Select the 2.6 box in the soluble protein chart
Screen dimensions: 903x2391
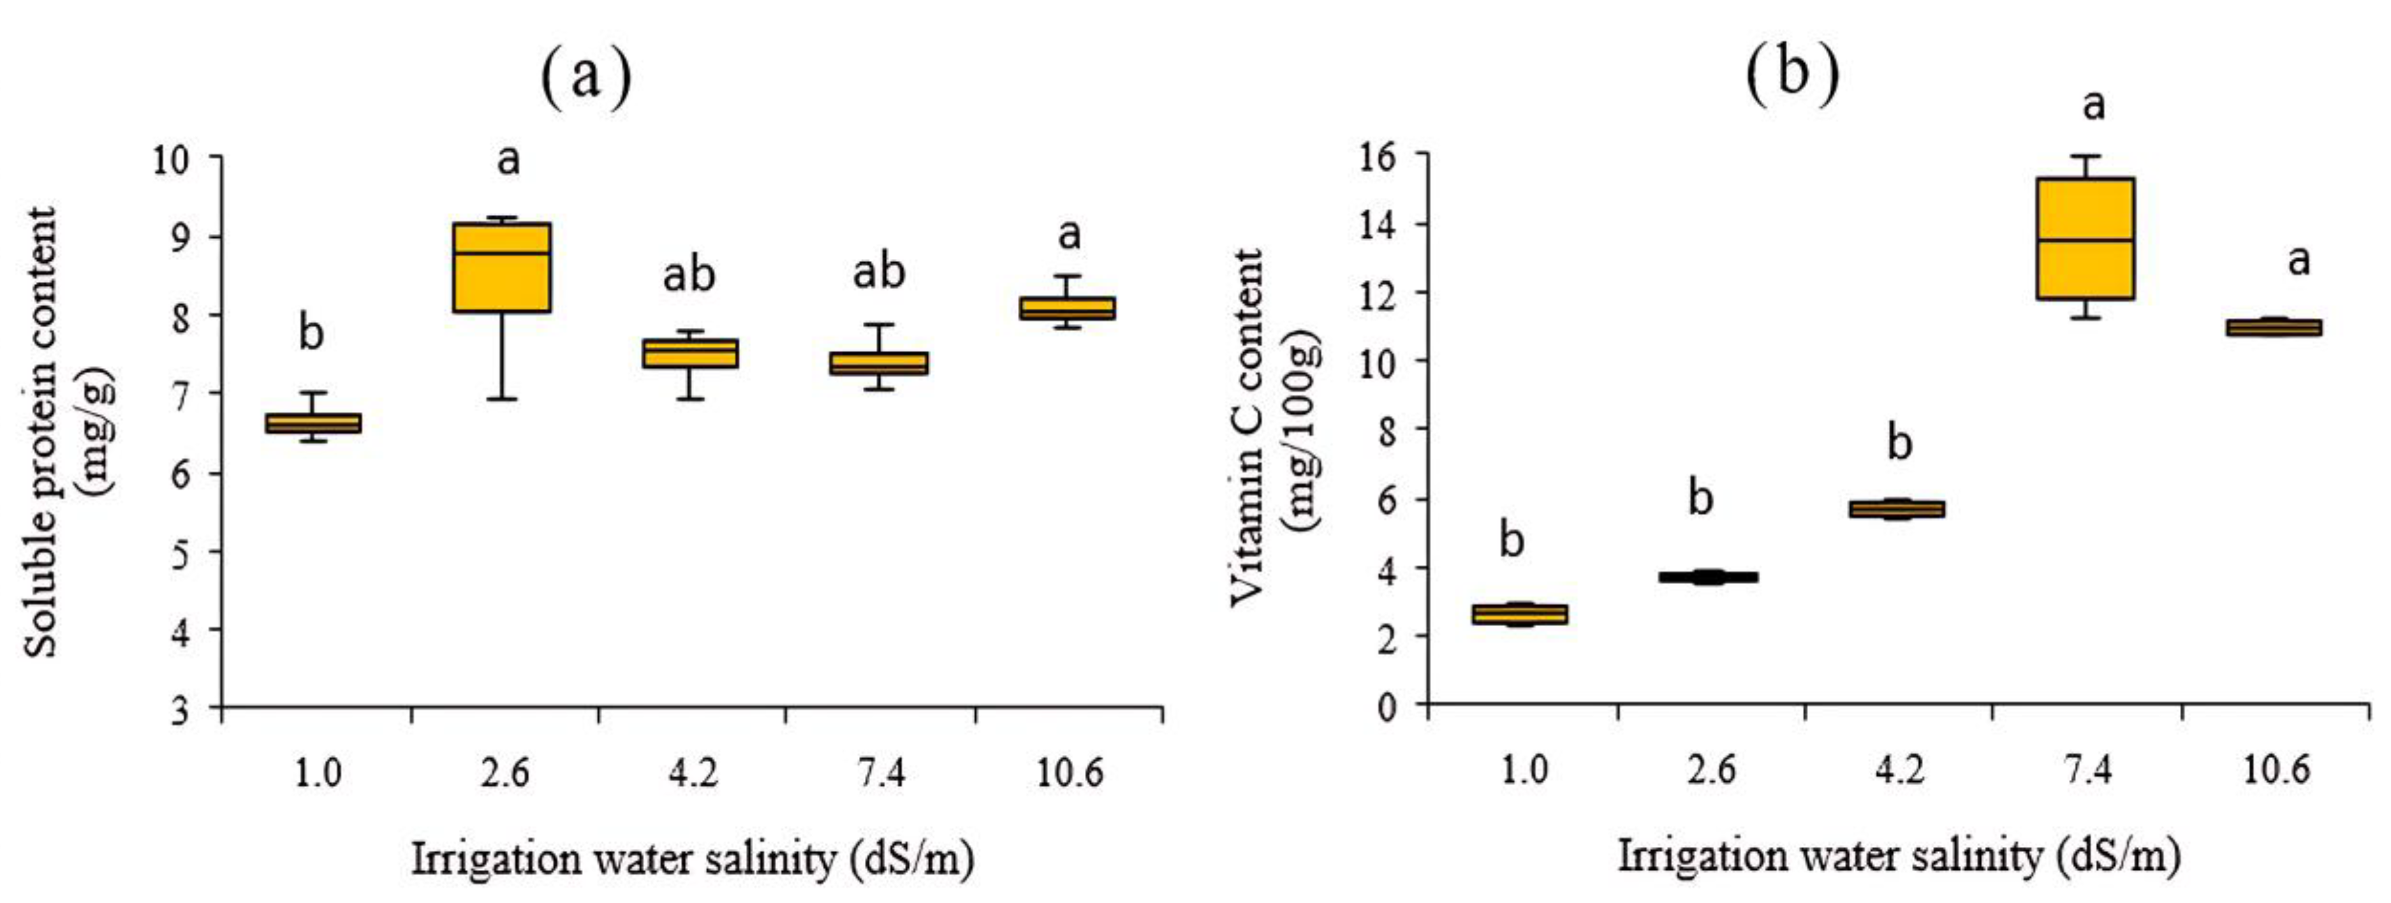click(x=501, y=267)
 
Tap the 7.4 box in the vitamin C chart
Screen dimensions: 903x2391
click(x=2085, y=239)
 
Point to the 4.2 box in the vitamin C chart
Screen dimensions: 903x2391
click(x=1897, y=509)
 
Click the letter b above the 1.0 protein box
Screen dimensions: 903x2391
click(x=311, y=332)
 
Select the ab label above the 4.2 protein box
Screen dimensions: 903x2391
click(x=689, y=275)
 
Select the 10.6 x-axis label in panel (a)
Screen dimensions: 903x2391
click(x=1070, y=771)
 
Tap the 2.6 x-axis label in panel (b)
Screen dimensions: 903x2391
click(x=1712, y=769)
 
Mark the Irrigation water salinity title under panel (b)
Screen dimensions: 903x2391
click(x=1898, y=856)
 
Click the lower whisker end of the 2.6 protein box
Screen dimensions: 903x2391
click(x=501, y=399)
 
